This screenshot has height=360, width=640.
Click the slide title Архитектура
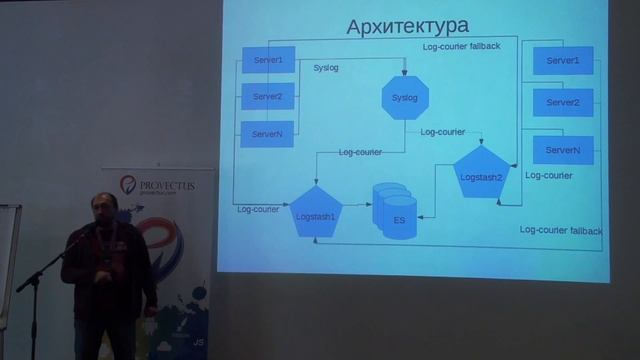click(x=406, y=25)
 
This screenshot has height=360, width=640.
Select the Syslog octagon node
click(x=405, y=97)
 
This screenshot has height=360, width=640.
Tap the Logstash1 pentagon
click(x=316, y=212)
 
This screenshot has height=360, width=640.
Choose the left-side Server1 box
click(x=268, y=61)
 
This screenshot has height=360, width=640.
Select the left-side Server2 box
click(x=268, y=97)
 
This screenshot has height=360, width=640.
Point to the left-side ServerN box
click(x=268, y=133)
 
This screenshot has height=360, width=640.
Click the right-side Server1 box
click(x=563, y=61)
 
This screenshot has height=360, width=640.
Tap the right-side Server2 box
click(x=563, y=102)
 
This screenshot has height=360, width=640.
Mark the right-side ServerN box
click(x=563, y=150)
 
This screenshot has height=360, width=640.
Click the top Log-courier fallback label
click(x=461, y=47)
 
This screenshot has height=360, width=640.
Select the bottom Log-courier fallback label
click(x=560, y=230)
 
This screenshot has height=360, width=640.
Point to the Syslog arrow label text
click(x=325, y=70)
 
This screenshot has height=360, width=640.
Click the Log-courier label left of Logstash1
click(x=258, y=209)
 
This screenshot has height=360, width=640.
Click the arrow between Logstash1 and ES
click(x=357, y=206)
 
